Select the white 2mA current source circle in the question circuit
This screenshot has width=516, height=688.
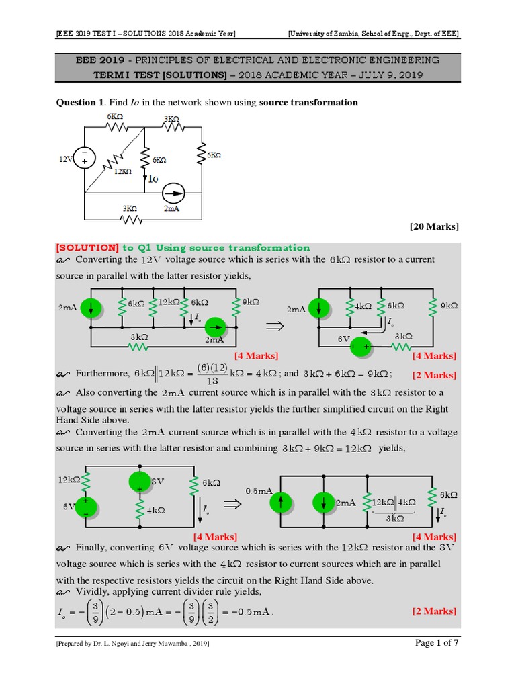point(172,193)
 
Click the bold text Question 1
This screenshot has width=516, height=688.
point(79,102)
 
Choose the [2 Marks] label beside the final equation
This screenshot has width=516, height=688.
point(434,611)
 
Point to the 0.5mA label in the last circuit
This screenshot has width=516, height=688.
point(258,492)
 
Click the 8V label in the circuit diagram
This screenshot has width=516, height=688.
point(157,481)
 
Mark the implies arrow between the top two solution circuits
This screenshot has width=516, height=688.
point(275,327)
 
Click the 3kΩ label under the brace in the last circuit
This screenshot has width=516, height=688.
point(395,519)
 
